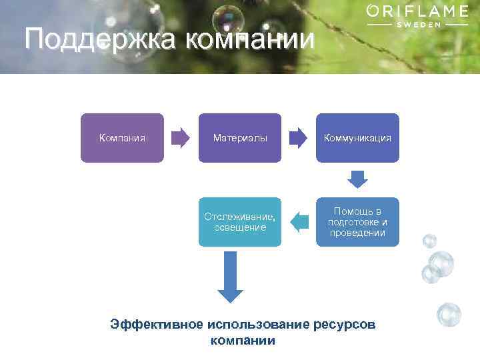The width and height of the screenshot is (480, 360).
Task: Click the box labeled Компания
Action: click(x=122, y=138)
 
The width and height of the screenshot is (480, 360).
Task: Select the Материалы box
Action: click(x=240, y=138)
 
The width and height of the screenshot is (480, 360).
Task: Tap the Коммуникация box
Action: click(x=357, y=138)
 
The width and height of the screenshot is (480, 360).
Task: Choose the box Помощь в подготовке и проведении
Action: click(x=357, y=222)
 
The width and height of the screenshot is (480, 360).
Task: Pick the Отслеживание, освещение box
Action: click(x=240, y=222)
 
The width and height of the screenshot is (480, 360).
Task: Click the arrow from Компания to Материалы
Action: click(x=180, y=138)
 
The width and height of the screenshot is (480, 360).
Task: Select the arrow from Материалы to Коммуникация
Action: click(x=298, y=138)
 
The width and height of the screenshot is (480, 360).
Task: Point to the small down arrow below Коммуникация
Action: click(x=358, y=179)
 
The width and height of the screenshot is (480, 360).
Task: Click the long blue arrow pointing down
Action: click(x=231, y=277)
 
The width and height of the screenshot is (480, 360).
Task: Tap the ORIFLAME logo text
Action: click(x=418, y=11)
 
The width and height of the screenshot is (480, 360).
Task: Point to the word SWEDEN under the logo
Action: click(x=418, y=24)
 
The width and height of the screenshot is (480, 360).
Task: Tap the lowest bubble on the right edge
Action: click(x=449, y=314)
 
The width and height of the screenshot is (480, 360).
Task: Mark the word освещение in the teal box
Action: click(x=240, y=227)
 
